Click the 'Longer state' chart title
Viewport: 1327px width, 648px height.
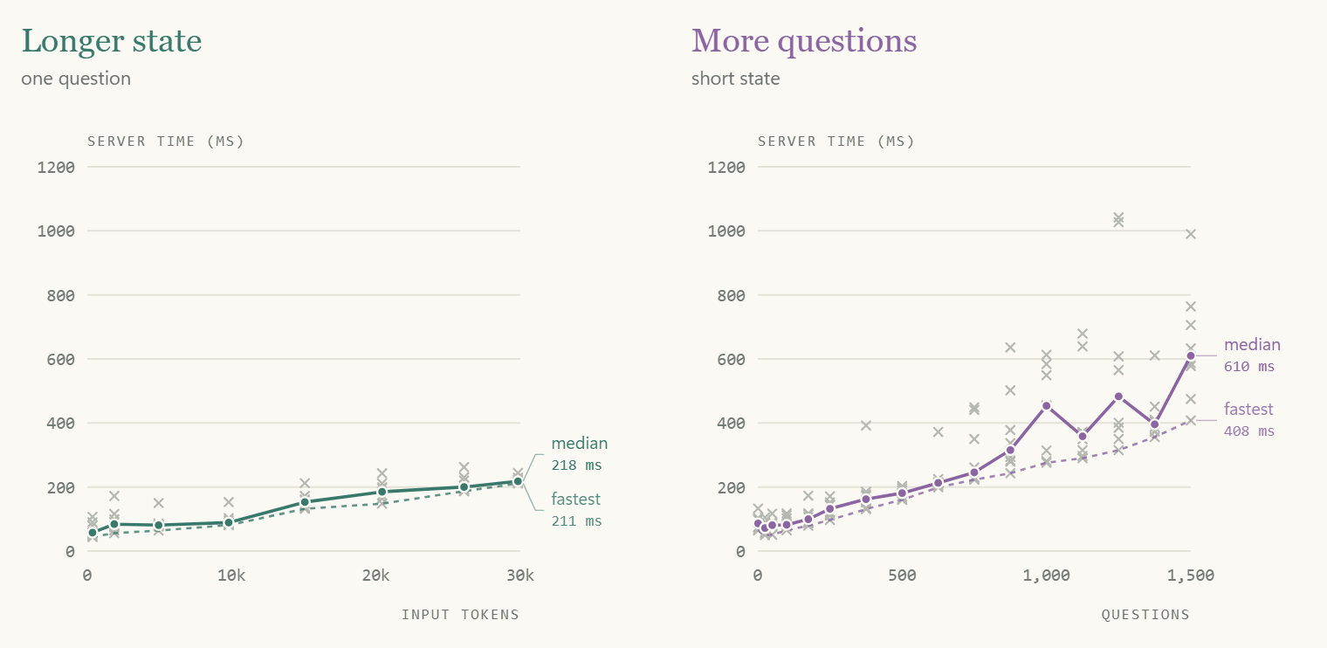pos(112,42)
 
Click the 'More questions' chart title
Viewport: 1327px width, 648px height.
pos(804,42)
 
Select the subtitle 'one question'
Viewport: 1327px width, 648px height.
pos(76,79)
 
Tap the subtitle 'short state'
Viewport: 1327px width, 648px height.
pos(735,79)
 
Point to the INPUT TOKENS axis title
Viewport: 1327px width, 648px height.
pos(460,615)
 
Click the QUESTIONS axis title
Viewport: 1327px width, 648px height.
pos(1145,615)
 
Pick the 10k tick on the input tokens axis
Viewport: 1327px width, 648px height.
pos(231,576)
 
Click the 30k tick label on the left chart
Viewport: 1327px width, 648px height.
pos(520,576)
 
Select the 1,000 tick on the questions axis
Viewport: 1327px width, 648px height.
pos(1046,576)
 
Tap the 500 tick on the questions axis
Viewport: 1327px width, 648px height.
pos(902,576)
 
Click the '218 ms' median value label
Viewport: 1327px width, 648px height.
pos(576,465)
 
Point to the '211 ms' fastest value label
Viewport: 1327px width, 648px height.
pos(576,521)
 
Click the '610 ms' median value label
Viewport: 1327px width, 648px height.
pos(1248,367)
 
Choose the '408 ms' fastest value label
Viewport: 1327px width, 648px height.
pos(1248,431)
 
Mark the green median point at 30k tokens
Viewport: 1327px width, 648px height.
pos(518,481)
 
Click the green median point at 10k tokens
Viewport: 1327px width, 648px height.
pos(229,523)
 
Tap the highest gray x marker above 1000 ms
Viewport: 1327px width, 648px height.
pos(1118,217)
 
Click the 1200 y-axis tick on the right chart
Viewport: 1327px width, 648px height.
pos(726,168)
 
